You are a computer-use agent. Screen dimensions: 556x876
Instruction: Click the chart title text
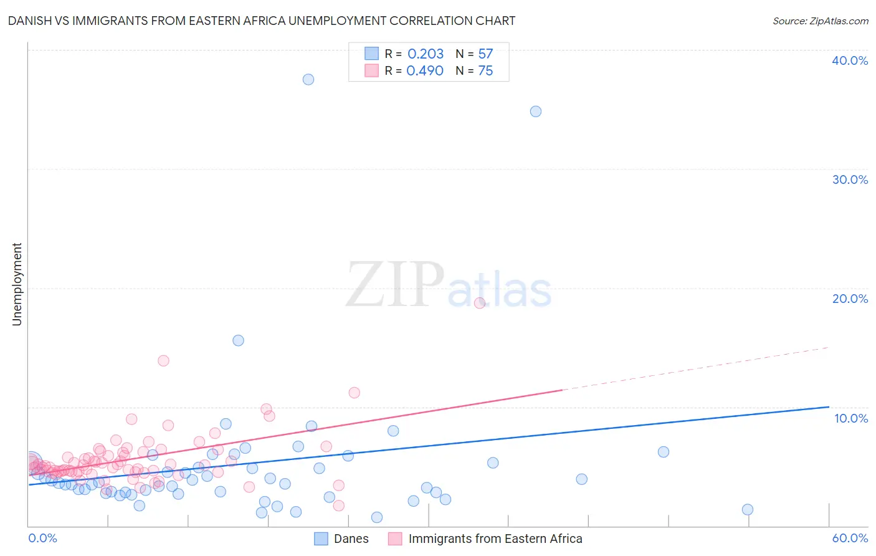tap(262, 21)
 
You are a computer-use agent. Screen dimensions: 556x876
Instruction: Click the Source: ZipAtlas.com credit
tap(820, 21)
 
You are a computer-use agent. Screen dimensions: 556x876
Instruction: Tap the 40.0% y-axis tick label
tap(850, 60)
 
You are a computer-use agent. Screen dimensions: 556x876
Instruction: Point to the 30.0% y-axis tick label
tap(850, 180)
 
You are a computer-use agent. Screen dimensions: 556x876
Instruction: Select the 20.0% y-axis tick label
tap(850, 299)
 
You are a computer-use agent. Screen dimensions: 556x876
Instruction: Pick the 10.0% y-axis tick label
tap(851, 418)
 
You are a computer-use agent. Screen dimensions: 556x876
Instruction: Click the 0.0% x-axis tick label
tap(42, 538)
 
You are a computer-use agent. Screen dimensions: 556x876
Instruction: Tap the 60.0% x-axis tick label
tap(850, 538)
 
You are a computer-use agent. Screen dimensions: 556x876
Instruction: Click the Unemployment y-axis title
tap(17, 284)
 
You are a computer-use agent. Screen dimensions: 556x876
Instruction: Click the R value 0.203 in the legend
tap(426, 54)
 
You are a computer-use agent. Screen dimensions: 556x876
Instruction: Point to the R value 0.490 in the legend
tap(425, 71)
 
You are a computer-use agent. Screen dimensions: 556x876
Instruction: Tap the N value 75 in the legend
tap(485, 71)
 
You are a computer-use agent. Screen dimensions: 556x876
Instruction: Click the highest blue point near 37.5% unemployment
tap(308, 79)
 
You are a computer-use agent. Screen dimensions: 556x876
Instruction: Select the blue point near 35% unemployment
tap(535, 112)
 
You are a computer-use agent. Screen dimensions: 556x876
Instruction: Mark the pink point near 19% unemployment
tap(479, 303)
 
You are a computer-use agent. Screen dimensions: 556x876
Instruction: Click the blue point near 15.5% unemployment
tap(238, 340)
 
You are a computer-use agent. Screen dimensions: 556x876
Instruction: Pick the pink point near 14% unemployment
tap(163, 360)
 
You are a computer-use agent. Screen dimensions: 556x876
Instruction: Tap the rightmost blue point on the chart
tap(748, 509)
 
